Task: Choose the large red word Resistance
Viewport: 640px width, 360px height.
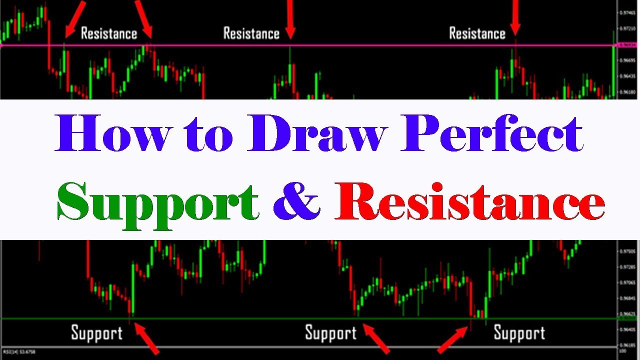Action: [470, 202]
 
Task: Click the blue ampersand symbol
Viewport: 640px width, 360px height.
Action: [296, 202]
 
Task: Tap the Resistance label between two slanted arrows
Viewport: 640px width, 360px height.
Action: [108, 33]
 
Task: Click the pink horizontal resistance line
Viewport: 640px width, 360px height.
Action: [350, 45]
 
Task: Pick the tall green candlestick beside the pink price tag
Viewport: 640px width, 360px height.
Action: [613, 65]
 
